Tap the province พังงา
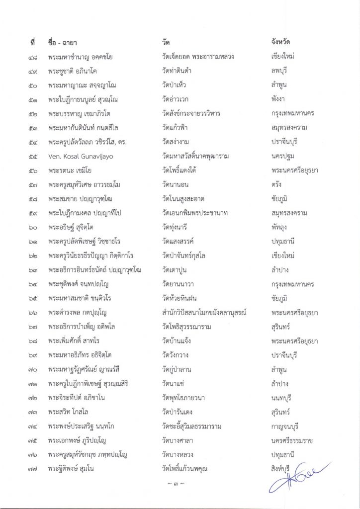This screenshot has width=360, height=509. tap(272, 99)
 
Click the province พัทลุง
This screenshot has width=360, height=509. tap(273, 228)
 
